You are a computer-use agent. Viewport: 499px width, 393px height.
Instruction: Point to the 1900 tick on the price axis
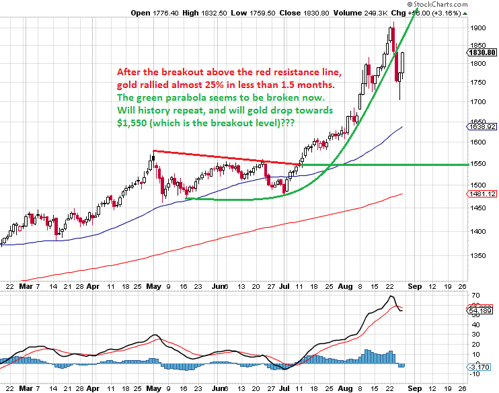pyautogui.click(x=479, y=28)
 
